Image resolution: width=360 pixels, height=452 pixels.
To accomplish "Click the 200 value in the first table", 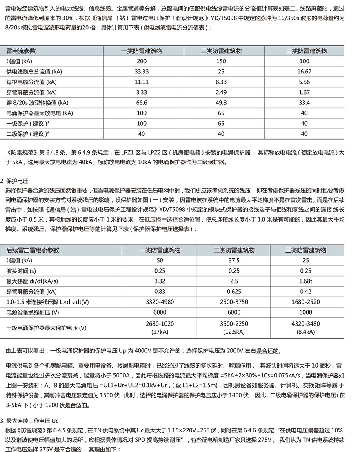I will click(x=142, y=61).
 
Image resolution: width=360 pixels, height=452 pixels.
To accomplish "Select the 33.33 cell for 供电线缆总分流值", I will click(x=142, y=71).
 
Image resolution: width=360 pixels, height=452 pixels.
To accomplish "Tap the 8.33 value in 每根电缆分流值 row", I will click(x=221, y=82).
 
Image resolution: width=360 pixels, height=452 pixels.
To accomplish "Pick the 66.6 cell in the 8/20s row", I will click(x=142, y=102).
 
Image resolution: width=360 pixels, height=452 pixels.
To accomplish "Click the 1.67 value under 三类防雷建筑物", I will click(x=304, y=92).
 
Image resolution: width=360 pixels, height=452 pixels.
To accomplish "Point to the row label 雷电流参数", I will click(x=21, y=51).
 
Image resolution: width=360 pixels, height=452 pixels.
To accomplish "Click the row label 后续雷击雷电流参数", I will click(x=33, y=250).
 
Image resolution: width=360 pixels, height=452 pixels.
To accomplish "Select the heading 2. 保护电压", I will click(x=18, y=180).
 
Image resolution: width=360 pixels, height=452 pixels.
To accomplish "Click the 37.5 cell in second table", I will click(x=234, y=260).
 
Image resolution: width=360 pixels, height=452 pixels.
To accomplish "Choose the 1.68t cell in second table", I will click(x=306, y=281).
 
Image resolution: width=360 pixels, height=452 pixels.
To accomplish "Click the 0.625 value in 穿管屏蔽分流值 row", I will click(x=234, y=291).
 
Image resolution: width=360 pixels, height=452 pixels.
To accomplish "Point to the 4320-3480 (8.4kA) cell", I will click(x=306, y=328).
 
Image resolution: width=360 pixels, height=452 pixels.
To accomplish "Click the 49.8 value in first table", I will click(x=221, y=102).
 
